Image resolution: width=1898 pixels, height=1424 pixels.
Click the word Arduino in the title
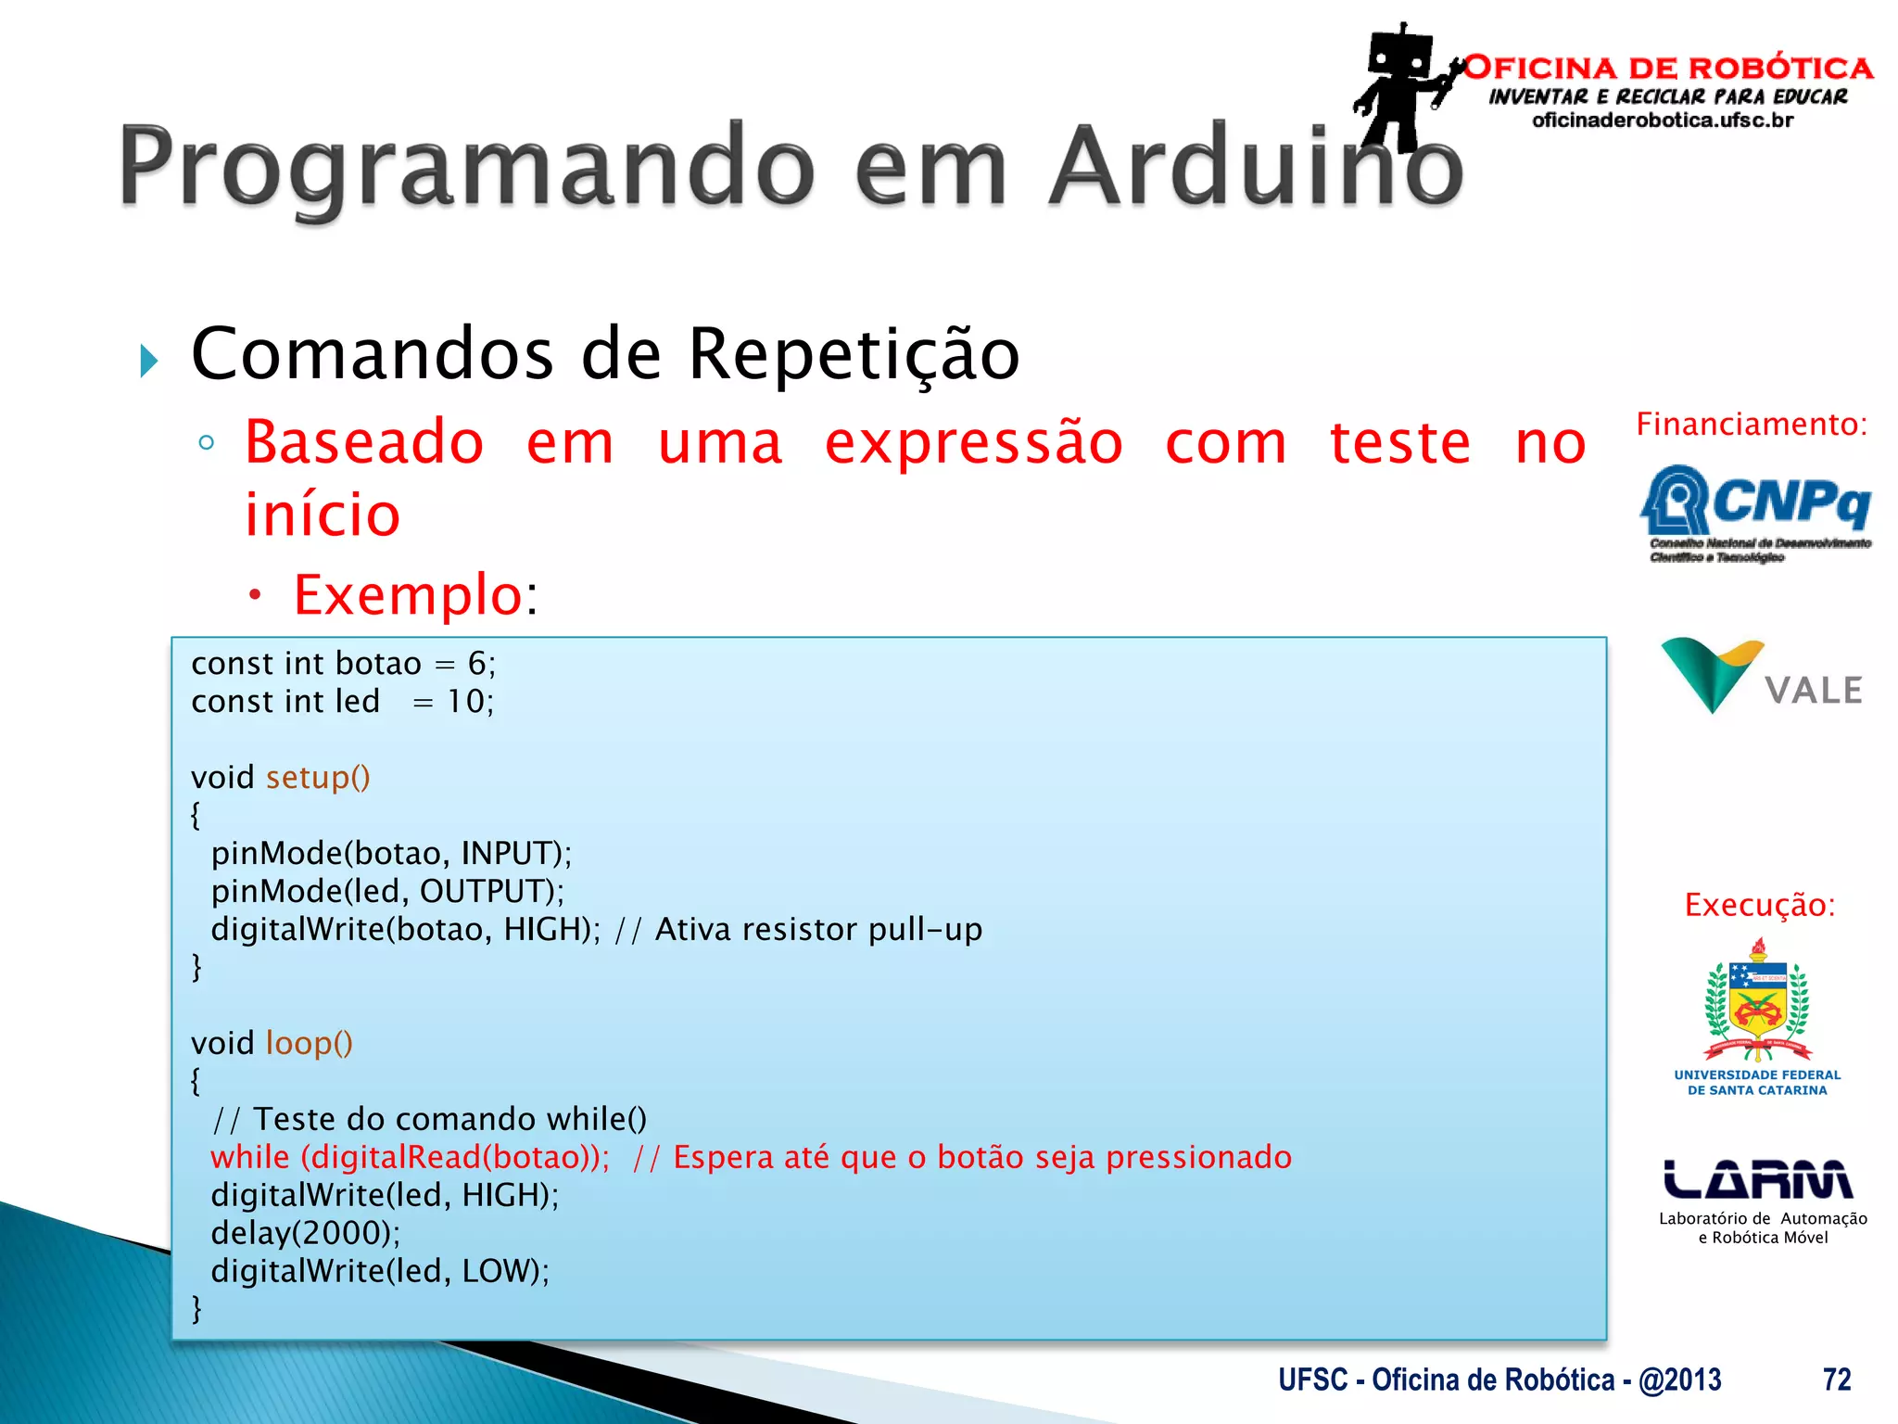click(x=1256, y=167)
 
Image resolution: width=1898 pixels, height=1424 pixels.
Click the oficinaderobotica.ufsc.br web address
click(x=1663, y=121)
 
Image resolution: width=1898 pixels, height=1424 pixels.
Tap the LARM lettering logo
click(x=1758, y=1179)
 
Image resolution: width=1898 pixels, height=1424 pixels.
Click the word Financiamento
click(x=1750, y=424)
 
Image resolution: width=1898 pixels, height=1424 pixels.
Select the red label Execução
click(x=1759, y=904)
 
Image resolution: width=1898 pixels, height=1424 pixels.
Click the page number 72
click(x=1836, y=1379)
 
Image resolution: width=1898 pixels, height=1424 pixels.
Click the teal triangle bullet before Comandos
click(x=148, y=361)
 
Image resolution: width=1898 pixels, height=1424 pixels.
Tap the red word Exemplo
click(x=408, y=594)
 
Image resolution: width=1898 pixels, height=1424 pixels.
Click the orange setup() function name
click(x=318, y=777)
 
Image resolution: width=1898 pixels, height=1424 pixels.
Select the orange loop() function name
click(x=309, y=1043)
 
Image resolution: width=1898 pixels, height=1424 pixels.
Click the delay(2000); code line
click(x=306, y=1233)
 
